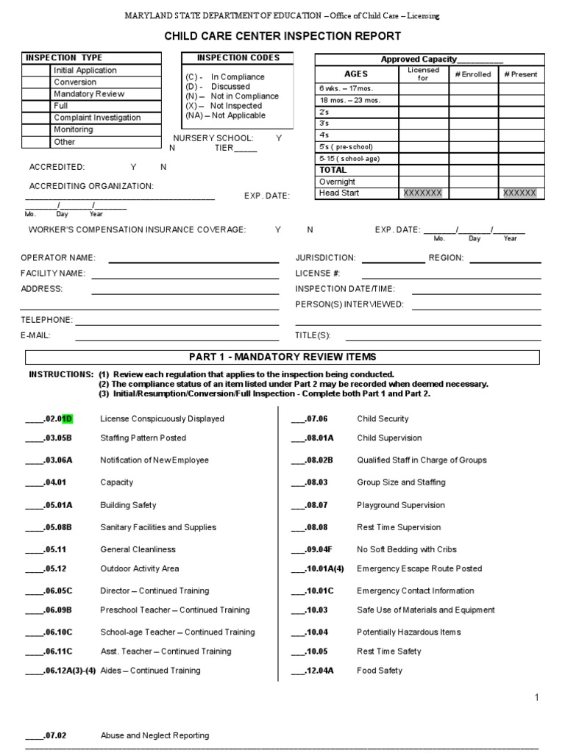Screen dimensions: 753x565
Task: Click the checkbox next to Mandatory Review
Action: [36, 94]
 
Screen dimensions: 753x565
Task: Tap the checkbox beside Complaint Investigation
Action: [36, 118]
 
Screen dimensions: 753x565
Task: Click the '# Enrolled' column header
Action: [473, 74]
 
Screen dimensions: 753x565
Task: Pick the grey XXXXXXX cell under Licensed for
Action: [423, 193]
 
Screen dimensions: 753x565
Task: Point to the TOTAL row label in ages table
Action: [333, 170]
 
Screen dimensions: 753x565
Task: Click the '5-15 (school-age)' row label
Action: [349, 158]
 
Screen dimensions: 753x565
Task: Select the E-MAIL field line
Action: [177, 339]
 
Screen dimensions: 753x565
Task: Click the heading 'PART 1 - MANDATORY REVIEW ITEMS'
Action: [282, 357]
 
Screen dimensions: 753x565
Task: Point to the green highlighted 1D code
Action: [67, 419]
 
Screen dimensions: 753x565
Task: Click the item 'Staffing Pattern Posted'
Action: [143, 438]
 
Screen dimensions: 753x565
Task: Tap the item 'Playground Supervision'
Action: [400, 505]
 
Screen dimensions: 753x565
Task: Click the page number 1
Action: [537, 698]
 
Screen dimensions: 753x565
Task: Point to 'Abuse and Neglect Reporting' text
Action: [154, 735]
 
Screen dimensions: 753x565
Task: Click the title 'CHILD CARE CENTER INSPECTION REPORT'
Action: [282, 36]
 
